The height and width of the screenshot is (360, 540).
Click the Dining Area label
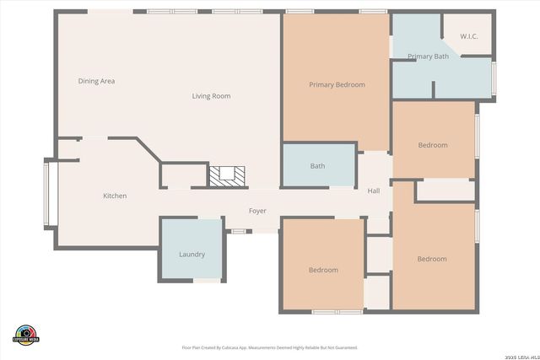click(96, 81)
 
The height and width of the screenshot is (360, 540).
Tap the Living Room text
click(211, 96)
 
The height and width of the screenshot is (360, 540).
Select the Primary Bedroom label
click(337, 84)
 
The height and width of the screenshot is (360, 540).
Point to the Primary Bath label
click(428, 56)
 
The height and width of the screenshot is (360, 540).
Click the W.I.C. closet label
click(469, 36)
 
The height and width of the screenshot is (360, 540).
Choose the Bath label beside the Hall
click(317, 166)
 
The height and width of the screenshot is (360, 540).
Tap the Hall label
click(374, 191)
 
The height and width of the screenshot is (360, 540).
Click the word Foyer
click(257, 210)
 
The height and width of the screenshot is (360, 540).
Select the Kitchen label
click(115, 196)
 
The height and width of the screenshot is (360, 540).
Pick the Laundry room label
click(192, 254)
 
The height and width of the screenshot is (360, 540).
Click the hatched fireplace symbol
click(227, 175)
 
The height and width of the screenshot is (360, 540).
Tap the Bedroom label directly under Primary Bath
click(433, 145)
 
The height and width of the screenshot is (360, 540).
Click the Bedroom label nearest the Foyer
click(323, 270)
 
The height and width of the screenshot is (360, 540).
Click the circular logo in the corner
click(25, 334)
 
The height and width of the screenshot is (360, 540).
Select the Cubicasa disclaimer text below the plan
click(270, 347)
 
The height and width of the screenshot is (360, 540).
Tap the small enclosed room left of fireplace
click(184, 175)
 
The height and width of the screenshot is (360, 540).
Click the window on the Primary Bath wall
click(494, 78)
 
